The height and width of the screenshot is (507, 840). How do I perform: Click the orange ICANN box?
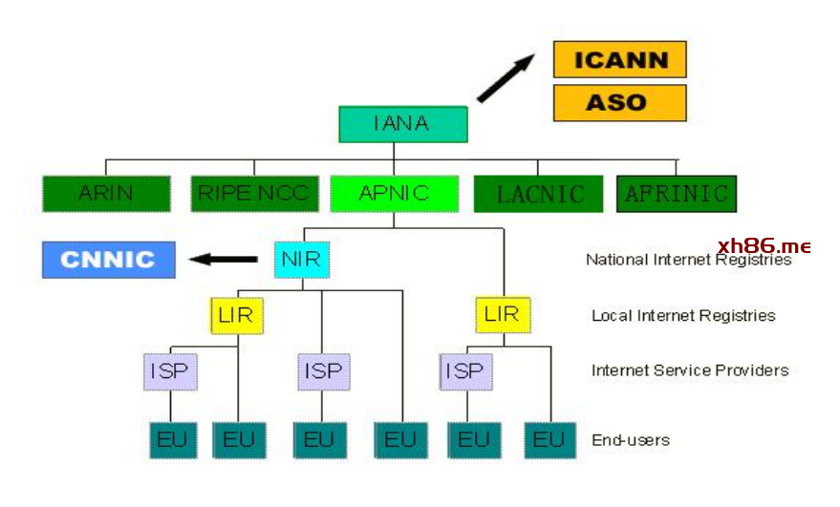[x=620, y=59]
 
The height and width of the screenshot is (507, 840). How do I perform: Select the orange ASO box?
[x=620, y=103]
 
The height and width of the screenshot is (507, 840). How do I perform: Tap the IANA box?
[x=403, y=124]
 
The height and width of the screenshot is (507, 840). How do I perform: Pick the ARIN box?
[x=107, y=193]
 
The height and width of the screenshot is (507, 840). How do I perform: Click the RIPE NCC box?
[x=254, y=193]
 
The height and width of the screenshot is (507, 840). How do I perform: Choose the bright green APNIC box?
[x=395, y=193]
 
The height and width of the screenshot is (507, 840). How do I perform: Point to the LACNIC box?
[x=538, y=194]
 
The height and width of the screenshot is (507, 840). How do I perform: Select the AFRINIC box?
[x=677, y=194]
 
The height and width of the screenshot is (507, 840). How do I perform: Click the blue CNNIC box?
[x=109, y=260]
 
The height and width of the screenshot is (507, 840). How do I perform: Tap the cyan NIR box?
[x=302, y=260]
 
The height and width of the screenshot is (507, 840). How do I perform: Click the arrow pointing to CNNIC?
[x=224, y=260]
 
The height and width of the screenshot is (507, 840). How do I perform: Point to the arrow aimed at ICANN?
[x=506, y=78]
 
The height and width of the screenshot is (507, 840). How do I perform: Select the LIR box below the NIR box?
[x=237, y=315]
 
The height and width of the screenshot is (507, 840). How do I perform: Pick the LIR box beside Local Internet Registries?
[x=503, y=315]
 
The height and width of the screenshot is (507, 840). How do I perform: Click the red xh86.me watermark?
[x=764, y=246]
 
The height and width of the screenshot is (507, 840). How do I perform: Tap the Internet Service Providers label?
[x=690, y=370]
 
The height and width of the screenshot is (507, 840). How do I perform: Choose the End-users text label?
[x=631, y=440]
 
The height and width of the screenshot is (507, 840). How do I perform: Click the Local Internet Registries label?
[x=683, y=315]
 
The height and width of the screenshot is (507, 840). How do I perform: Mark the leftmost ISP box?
[x=170, y=371]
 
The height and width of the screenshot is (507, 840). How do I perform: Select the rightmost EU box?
[x=550, y=440]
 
